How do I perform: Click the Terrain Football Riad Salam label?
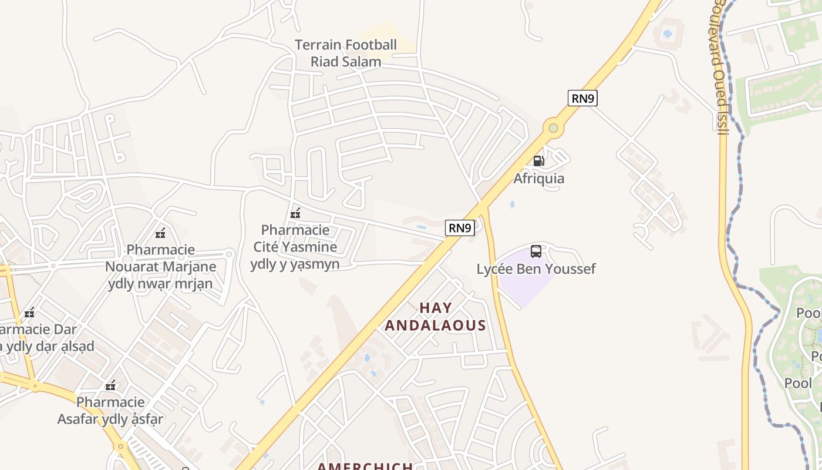click(345, 53)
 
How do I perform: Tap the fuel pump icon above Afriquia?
click(538, 160)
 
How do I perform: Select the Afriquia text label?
click(538, 178)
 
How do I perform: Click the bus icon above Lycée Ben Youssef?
click(536, 251)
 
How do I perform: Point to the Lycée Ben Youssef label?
click(535, 269)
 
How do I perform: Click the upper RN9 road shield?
click(582, 98)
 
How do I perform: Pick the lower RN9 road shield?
click(460, 228)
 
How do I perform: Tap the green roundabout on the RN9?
click(553, 127)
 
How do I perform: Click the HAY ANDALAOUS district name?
click(435, 317)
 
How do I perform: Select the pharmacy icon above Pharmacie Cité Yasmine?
click(295, 213)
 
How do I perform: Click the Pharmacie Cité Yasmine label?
click(295, 247)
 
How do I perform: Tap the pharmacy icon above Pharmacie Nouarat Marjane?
click(160, 233)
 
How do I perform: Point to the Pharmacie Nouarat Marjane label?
click(160, 267)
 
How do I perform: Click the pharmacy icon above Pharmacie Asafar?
click(110, 386)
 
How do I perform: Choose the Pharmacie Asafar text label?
click(110, 411)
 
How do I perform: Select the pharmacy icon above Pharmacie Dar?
click(29, 313)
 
